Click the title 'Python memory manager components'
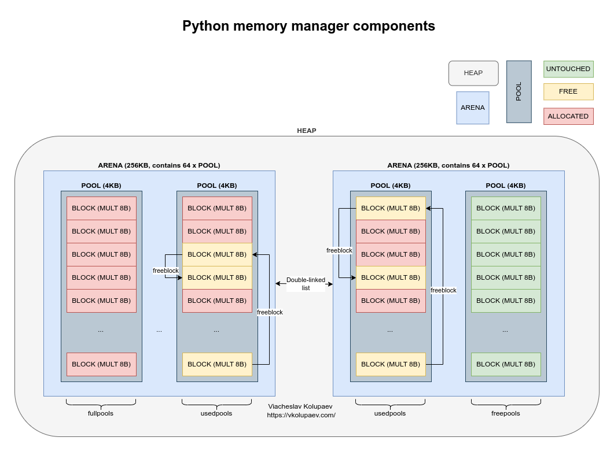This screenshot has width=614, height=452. point(308,26)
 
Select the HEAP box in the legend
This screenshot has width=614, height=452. point(473,73)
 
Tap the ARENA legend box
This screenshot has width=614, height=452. point(472,108)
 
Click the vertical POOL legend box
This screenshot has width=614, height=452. point(519,91)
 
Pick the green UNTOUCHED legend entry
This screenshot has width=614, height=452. point(568,69)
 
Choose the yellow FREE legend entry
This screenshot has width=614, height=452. point(568,92)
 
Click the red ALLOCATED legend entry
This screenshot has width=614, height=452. point(568,116)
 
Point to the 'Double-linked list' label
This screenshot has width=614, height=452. point(306,284)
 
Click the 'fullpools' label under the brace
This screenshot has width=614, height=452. point(101,413)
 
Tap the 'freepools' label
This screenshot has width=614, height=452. point(505,413)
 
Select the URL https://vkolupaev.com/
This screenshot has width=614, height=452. point(301,415)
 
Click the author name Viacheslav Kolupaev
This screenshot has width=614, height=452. point(300,406)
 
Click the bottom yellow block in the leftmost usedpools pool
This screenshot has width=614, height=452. point(217,364)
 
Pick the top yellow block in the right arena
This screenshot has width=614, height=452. point(391,208)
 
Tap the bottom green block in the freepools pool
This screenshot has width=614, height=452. point(505,364)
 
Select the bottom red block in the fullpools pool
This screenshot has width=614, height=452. point(101,364)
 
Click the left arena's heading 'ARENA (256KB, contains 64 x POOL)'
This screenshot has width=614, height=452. point(159,165)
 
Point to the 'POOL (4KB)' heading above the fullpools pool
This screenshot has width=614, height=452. point(101,186)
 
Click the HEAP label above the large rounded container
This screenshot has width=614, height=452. point(306,131)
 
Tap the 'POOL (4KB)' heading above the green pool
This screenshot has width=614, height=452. point(505,186)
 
